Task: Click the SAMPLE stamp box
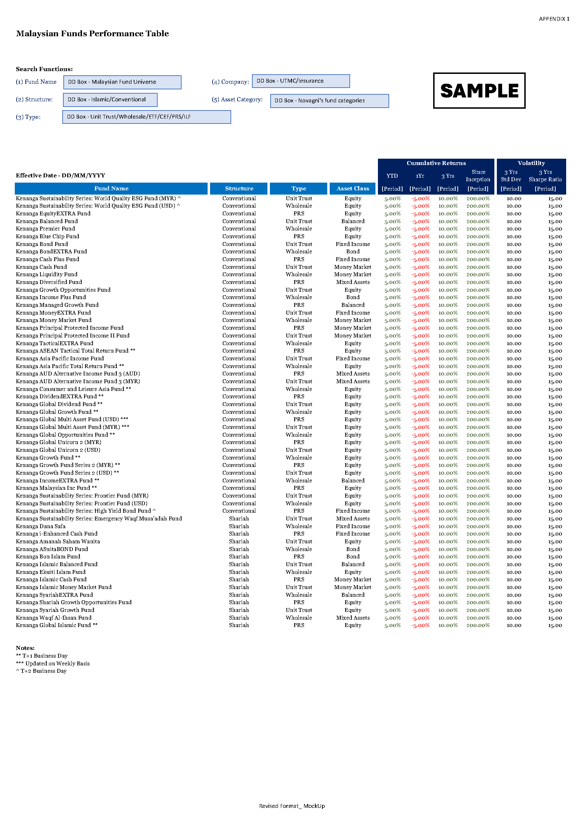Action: coord(479,91)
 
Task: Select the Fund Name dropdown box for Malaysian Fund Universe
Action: coord(122,82)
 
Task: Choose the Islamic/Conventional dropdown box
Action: coord(110,100)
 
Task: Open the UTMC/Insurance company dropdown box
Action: coord(301,81)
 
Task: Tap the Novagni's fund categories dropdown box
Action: coord(329,101)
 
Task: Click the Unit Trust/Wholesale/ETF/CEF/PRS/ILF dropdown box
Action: coord(147,117)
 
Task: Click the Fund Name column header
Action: coord(111,189)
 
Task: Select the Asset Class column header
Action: coord(353,189)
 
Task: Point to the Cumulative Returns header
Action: coord(436,163)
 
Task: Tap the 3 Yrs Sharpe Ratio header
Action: coord(545,176)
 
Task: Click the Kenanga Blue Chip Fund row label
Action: coord(48,236)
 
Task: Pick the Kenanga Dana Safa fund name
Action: coord(40,526)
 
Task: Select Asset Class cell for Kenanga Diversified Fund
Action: coord(353,282)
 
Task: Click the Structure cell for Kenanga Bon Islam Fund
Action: coord(239,557)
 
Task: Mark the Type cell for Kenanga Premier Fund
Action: coord(298,229)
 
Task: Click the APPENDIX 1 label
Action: coord(554,19)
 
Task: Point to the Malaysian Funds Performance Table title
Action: coord(93,34)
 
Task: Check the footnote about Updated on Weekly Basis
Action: coord(53,664)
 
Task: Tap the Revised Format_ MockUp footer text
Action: coord(292,806)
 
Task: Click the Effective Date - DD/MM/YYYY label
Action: coord(61,176)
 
